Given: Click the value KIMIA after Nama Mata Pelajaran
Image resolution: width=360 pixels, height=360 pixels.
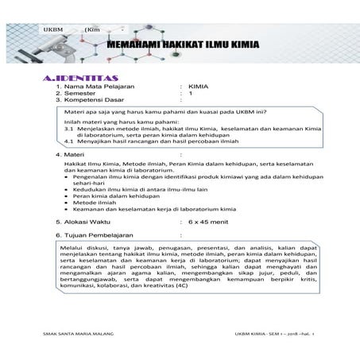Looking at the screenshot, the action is pyautogui.click(x=198, y=84).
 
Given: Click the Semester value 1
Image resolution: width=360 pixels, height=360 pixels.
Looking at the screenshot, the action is pyautogui.click(x=191, y=93).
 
